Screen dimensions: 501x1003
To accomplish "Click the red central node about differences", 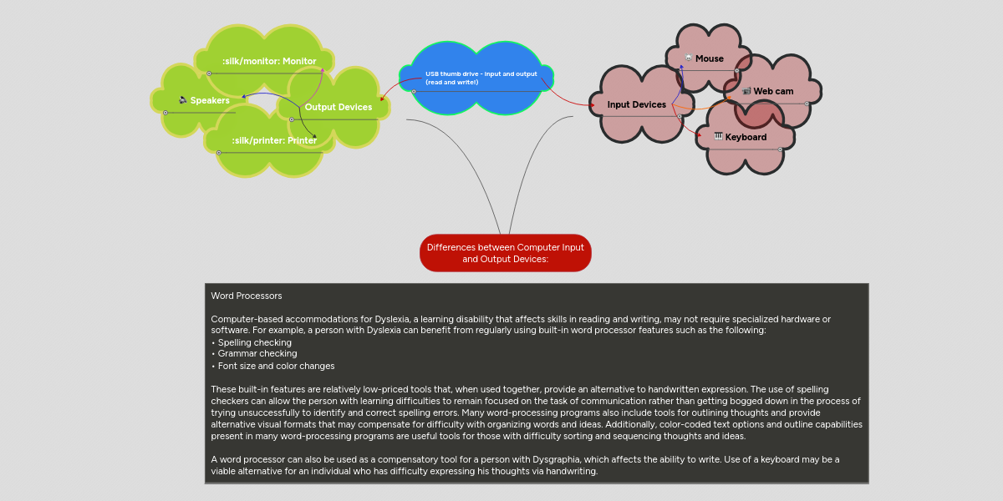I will (505, 253).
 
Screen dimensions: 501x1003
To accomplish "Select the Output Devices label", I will (338, 107).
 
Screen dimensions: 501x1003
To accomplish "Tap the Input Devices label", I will (636, 104).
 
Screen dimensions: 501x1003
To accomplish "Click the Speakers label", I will (210, 100).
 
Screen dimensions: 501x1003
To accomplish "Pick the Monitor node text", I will (269, 61).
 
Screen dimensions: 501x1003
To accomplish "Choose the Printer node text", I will (274, 140).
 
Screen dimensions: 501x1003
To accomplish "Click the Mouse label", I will (710, 58).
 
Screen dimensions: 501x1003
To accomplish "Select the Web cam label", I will (773, 91).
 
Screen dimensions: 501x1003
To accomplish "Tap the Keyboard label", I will (746, 137).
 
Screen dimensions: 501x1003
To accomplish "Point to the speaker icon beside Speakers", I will (183, 100).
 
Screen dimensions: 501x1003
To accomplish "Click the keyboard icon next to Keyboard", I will (718, 136).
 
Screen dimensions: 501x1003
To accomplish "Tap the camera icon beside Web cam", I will (746, 91).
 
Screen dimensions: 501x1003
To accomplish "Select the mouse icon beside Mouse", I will (688, 58).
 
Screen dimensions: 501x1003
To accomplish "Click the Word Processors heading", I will (247, 296).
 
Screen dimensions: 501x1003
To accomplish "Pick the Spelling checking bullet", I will (254, 342).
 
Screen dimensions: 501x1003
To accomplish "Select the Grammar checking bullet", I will (257, 354).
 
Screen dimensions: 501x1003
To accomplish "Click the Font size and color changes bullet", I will (276, 366).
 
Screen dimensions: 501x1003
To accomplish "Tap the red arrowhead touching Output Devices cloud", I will (383, 99).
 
